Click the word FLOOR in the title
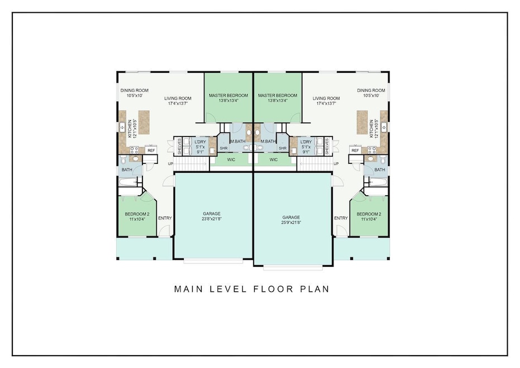pos(274,289)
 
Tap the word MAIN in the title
pos(189,289)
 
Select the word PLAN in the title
pos(314,289)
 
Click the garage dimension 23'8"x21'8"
pos(212,219)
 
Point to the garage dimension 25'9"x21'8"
pos(291,223)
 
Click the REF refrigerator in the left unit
pos(151,150)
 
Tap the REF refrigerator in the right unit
pos(355,150)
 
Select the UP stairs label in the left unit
pos(170,164)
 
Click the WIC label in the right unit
pos(274,160)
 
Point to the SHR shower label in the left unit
pos(223,148)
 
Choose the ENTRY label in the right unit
pos(341,218)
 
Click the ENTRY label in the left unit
pos(165,218)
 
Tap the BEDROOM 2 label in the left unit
pos(137,214)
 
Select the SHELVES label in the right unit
pos(327,147)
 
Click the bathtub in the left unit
pos(128,182)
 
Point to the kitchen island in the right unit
pos(362,122)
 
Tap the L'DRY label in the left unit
pos(200,142)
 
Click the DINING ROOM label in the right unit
pos(371,91)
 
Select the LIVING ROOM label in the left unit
pos(178,98)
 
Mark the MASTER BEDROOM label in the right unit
pos(278,95)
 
